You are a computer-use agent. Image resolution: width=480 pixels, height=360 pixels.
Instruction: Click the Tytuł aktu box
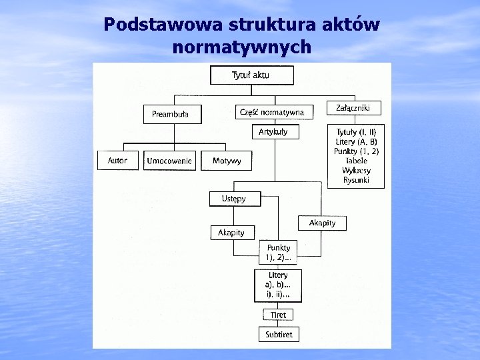251,75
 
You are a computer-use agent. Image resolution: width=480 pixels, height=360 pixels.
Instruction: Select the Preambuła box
170,114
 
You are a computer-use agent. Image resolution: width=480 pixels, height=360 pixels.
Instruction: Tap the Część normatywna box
272,112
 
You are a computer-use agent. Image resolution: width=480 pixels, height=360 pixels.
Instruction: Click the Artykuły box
273,132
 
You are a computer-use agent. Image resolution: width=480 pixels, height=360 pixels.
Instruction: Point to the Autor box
117,161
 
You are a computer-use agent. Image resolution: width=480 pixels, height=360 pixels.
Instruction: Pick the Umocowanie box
169,161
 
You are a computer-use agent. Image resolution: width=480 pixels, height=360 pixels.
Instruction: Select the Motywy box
227,161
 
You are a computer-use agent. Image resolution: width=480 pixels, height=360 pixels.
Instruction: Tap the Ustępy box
229,199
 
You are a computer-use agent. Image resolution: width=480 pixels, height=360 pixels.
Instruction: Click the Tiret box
278,314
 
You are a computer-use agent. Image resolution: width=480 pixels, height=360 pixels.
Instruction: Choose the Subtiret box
279,333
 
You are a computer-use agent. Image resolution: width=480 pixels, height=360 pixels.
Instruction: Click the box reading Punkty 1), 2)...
279,253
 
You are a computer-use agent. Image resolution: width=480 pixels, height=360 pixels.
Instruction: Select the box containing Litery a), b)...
279,285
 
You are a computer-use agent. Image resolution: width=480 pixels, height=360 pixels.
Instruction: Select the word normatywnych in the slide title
241,47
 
